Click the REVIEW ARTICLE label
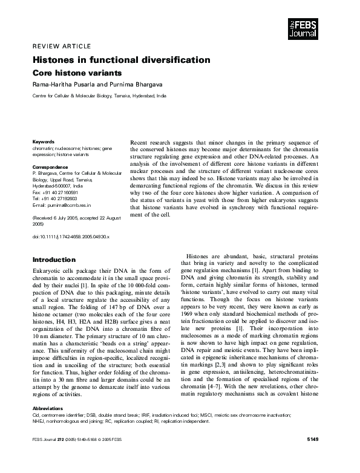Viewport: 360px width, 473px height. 62,46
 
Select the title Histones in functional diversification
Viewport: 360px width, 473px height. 121,60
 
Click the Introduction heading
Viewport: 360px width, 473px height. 53,259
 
